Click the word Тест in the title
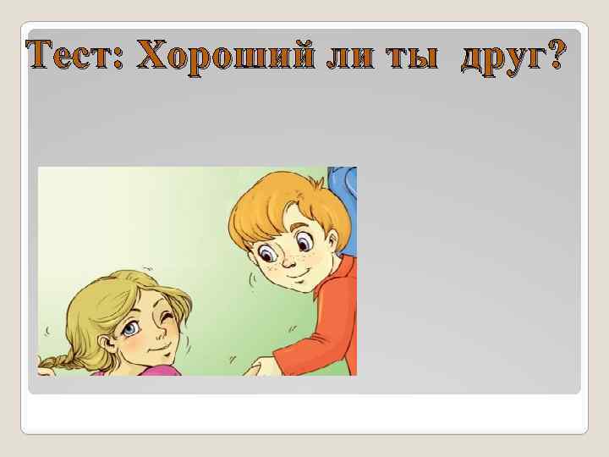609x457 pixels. click(72, 57)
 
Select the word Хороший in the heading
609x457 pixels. click(221, 57)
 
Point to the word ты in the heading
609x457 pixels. click(412, 57)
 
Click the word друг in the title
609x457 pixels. click(502, 58)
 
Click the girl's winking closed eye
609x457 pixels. click(167, 318)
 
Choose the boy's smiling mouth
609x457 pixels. click(288, 276)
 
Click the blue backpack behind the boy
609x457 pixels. click(342, 183)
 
